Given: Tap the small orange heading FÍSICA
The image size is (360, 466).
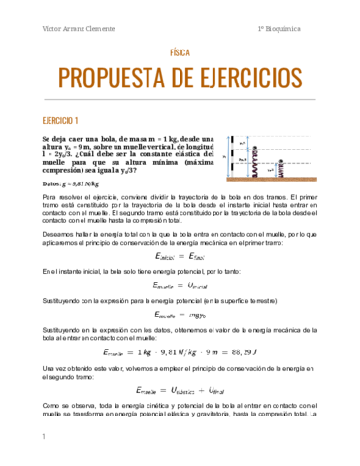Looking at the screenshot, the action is [x=180, y=56].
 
